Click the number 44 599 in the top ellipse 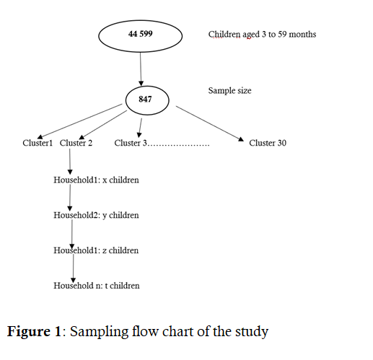[141, 34]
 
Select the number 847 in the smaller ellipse [145, 99]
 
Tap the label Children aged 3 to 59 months [262, 35]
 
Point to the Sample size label [229, 91]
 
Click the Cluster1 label [38, 143]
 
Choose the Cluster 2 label [76, 143]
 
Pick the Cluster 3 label [131, 143]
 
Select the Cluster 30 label [268, 143]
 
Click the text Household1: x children [96, 180]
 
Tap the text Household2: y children [96, 215]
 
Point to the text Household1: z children [96, 250]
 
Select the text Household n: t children [97, 286]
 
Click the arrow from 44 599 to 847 [141, 69]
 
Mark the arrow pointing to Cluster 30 [210, 123]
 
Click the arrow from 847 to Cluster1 [80, 121]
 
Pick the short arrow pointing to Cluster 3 [140, 128]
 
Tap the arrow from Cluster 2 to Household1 [70, 162]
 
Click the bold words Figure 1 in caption [34, 332]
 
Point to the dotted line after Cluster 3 [178, 145]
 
